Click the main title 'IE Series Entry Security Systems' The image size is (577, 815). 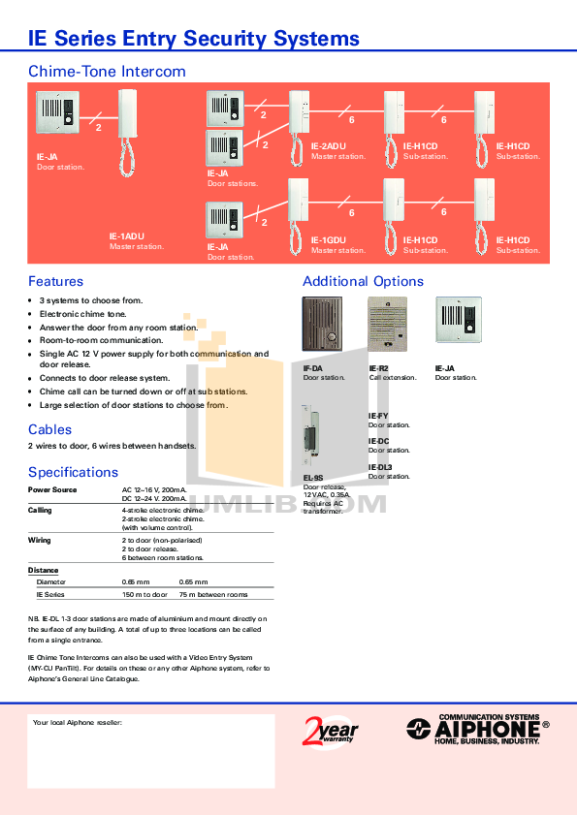(x=194, y=39)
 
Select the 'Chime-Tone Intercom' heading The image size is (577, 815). (x=107, y=72)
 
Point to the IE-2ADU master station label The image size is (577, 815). (x=329, y=145)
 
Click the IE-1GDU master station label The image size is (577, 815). (x=329, y=239)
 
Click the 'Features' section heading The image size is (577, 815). (x=55, y=281)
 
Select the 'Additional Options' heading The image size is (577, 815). (x=363, y=281)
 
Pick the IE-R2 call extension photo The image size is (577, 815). (x=388, y=325)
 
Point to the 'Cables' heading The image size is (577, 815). (x=49, y=429)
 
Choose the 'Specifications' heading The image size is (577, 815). (x=73, y=472)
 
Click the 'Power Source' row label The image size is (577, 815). (x=51, y=490)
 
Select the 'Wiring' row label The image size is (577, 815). (x=39, y=540)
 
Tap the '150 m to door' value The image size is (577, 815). (x=144, y=594)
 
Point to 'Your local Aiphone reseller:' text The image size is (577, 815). (x=78, y=723)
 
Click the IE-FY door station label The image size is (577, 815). (x=378, y=416)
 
